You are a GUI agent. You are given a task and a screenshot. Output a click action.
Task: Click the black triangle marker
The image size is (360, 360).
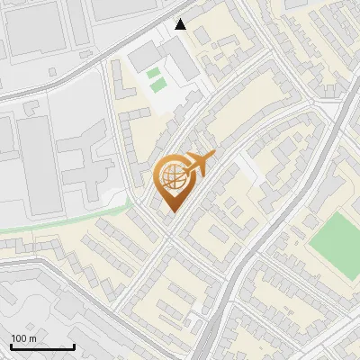point(181,24)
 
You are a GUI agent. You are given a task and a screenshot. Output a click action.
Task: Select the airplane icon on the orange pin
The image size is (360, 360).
point(200,164)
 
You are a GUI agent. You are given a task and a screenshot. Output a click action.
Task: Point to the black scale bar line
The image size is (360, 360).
point(42,347)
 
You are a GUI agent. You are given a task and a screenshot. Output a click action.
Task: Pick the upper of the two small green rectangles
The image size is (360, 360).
point(153,72)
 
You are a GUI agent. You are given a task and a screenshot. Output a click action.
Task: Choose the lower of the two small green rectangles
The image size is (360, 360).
point(158,85)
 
